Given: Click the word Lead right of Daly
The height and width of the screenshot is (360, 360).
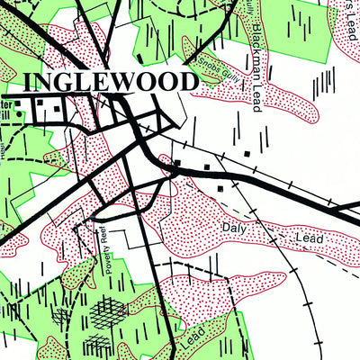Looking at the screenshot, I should [309, 238].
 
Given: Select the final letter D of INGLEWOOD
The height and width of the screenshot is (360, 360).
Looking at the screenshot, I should [187, 81].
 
